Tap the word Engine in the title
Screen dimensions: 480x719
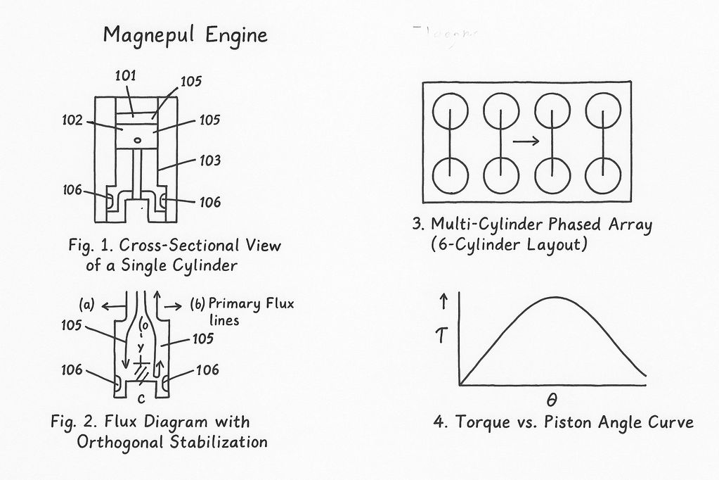pyautogui.click(x=237, y=36)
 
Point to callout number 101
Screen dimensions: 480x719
pyautogui.click(x=126, y=75)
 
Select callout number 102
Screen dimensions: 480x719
pyautogui.click(x=73, y=120)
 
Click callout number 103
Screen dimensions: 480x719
pyautogui.click(x=209, y=160)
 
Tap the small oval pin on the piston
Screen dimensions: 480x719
pyautogui.click(x=138, y=140)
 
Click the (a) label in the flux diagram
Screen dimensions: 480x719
pyautogui.click(x=87, y=306)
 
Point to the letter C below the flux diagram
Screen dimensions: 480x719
pyautogui.click(x=141, y=399)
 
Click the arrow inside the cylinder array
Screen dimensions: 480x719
pyautogui.click(x=526, y=141)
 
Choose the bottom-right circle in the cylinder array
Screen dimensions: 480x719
pyautogui.click(x=603, y=176)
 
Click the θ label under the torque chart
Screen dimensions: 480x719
pyautogui.click(x=552, y=400)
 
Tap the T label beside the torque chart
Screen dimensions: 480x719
pyautogui.click(x=442, y=339)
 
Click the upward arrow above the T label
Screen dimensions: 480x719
pyautogui.click(x=443, y=303)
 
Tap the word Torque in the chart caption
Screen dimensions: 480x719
pyautogui.click(x=480, y=422)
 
